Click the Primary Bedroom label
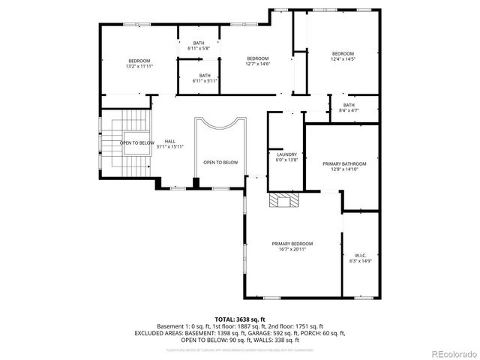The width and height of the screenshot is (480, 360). coord(292,244)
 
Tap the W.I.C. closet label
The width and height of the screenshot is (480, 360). coord(355,254)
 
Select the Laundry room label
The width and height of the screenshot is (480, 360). coord(287,154)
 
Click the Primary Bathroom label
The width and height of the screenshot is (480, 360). coord(344,163)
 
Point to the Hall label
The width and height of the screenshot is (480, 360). coord(170,141)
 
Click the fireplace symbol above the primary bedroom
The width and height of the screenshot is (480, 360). coord(283,200)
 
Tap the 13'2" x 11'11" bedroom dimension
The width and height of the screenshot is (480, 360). coord(139,66)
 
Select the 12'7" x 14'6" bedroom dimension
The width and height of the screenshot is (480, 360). coord(257,64)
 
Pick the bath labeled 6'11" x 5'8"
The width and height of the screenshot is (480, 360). coord(199,49)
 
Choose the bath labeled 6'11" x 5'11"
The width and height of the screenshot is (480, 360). coord(205,80)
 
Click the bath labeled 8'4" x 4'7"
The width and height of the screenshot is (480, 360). coord(349,110)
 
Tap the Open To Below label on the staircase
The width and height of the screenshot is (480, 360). coord(137,142)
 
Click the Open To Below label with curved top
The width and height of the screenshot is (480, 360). coord(220,162)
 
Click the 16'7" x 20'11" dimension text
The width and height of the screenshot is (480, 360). coord(292,249)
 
